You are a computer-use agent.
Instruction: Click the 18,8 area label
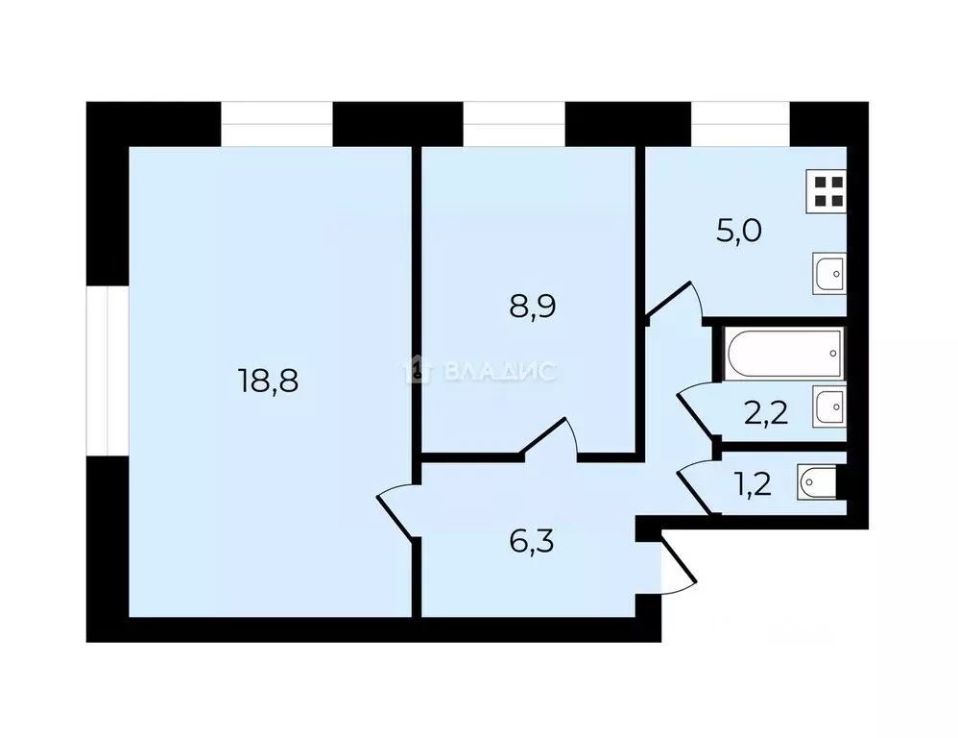pyautogui.click(x=269, y=381)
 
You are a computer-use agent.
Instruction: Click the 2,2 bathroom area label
pyautogui.click(x=766, y=414)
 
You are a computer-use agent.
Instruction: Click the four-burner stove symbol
pyautogui.click(x=826, y=192)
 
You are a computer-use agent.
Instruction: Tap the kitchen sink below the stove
pyautogui.click(x=828, y=274)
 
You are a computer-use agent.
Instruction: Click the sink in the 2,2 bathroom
pyautogui.click(x=828, y=406)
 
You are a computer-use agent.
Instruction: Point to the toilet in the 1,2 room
pyautogui.click(x=818, y=481)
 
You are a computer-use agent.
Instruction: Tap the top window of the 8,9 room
pyautogui.click(x=514, y=123)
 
